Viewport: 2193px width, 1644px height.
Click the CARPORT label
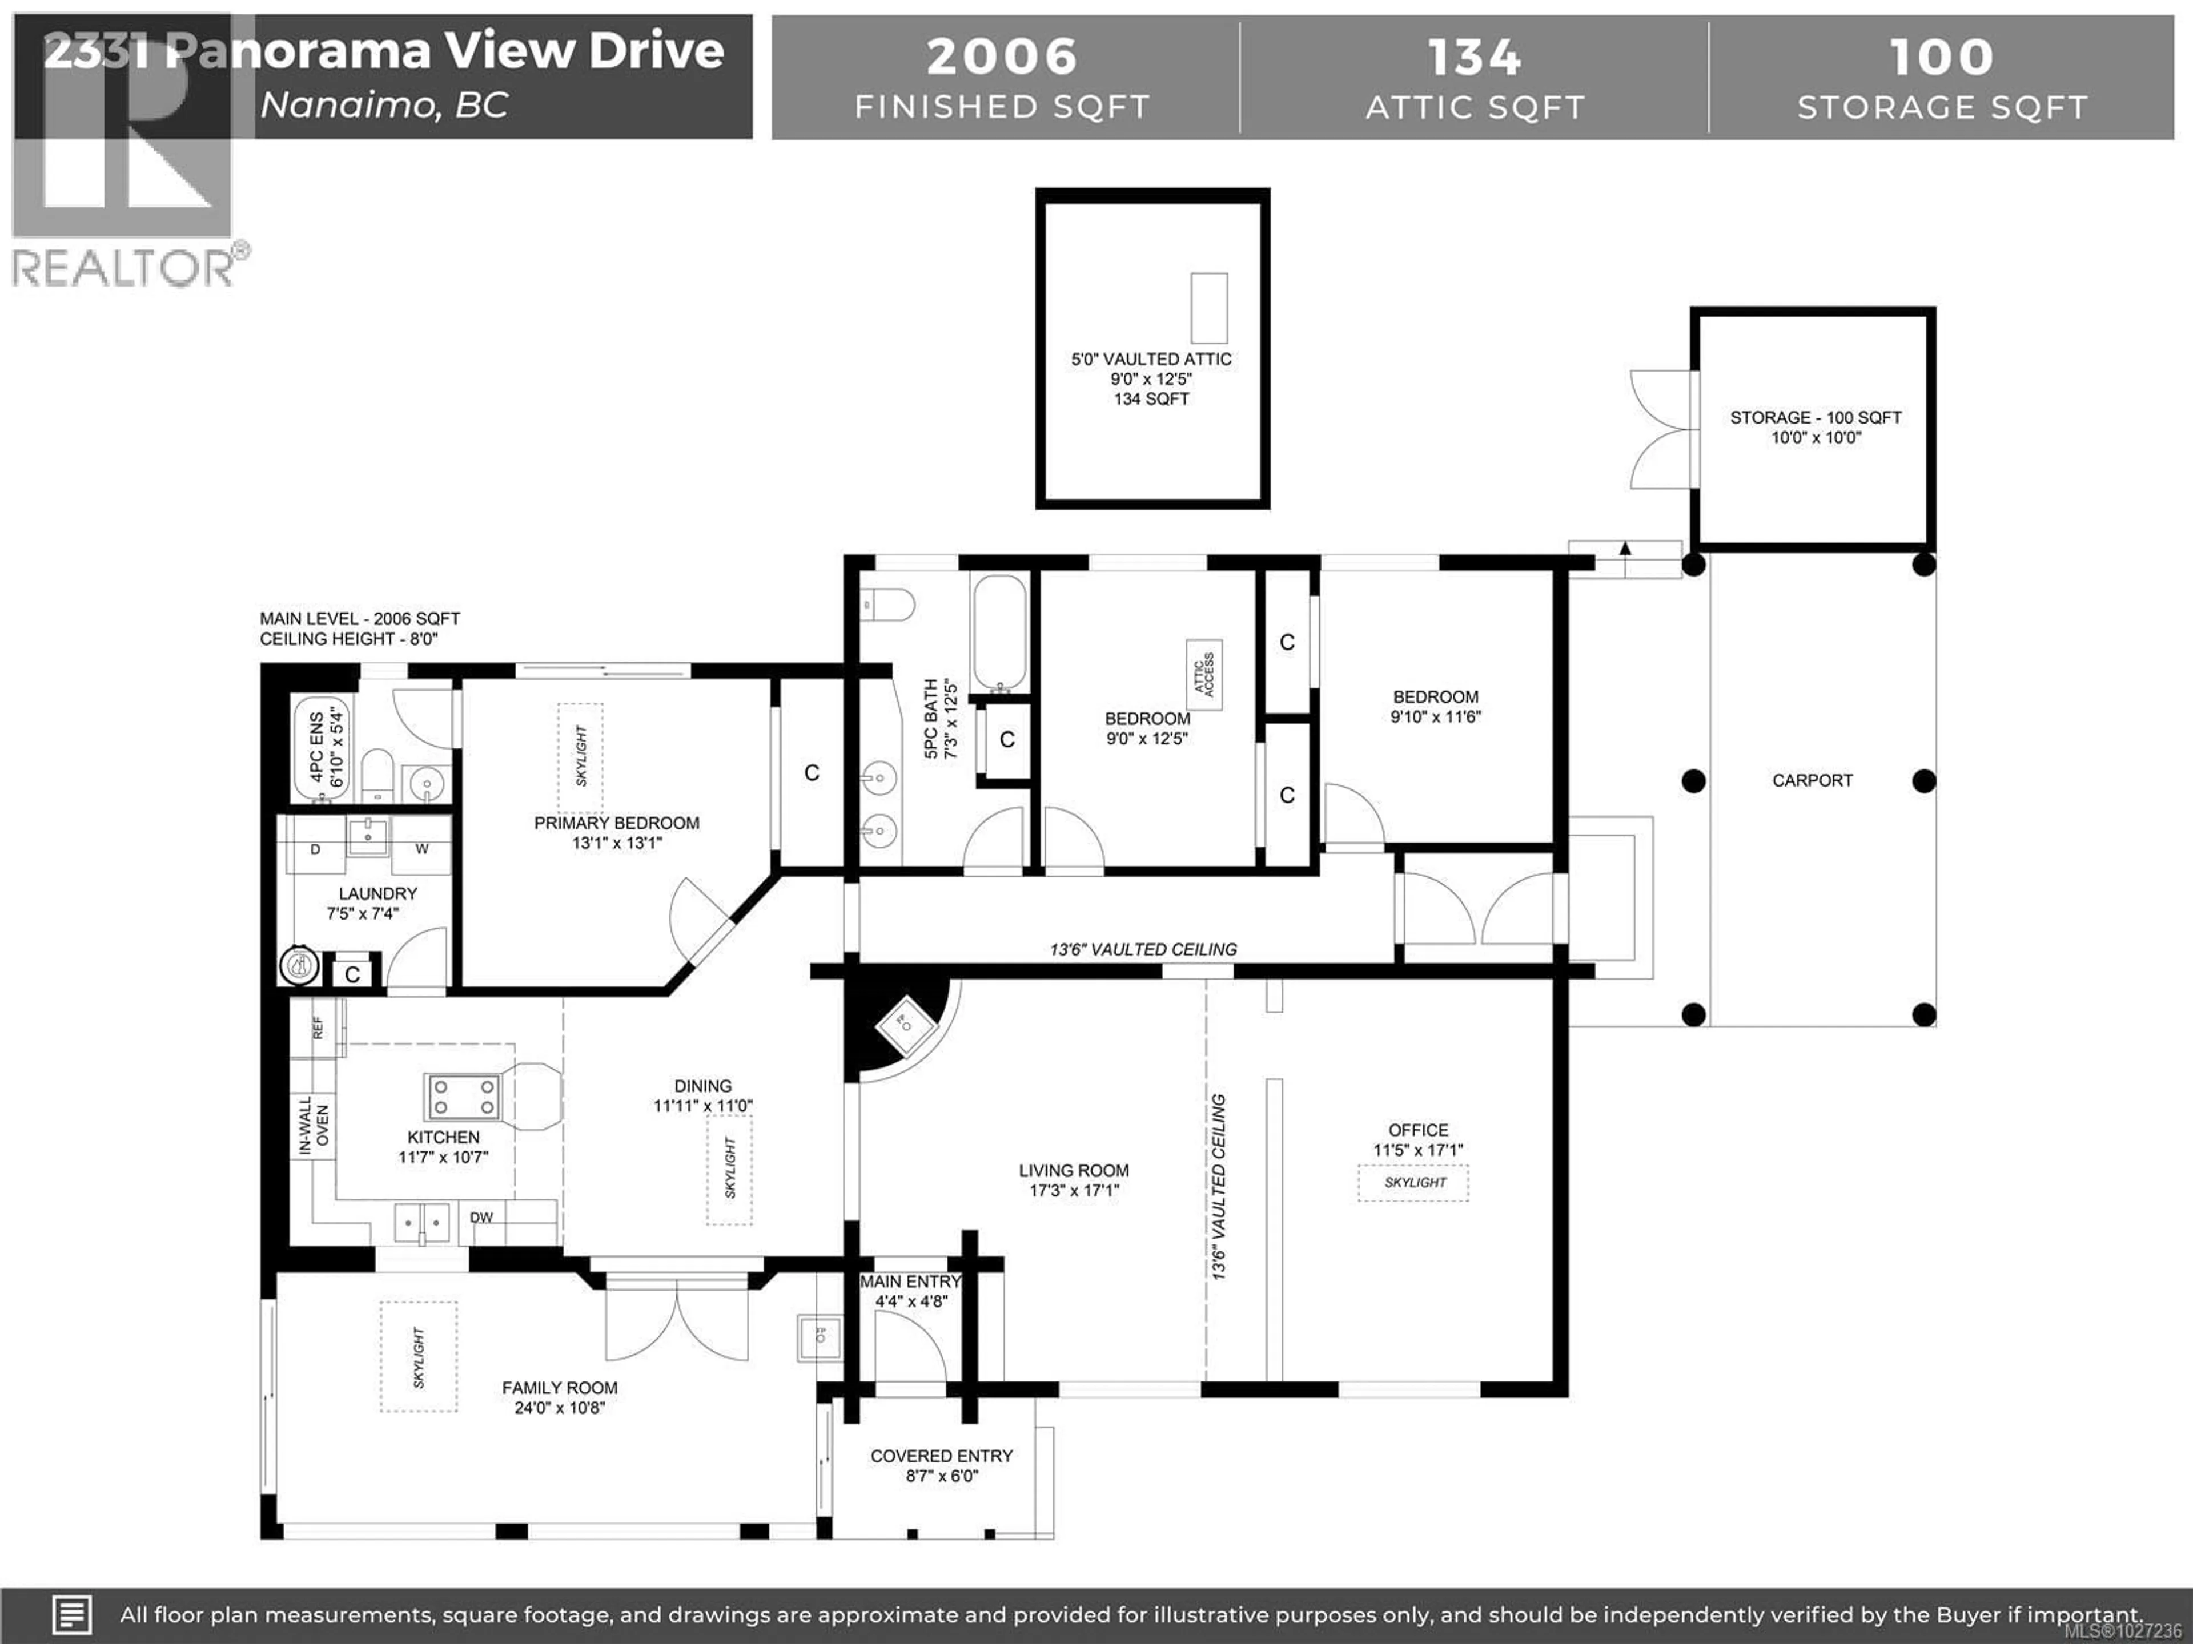point(1812,781)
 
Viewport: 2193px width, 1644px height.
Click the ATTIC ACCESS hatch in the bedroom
point(1204,675)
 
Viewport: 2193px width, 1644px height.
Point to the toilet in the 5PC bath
point(888,603)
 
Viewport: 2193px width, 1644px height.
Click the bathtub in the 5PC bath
point(999,634)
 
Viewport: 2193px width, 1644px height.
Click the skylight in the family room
point(419,1357)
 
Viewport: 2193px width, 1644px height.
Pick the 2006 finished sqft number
point(1001,57)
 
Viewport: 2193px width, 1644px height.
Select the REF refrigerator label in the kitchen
point(318,1027)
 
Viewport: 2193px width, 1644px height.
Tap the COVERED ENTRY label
point(941,1456)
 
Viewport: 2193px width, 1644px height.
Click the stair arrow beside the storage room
point(1625,549)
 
